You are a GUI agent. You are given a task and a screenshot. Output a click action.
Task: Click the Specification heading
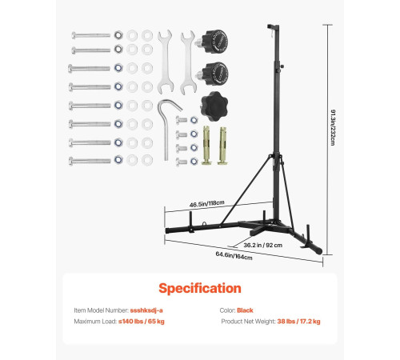point(200,288)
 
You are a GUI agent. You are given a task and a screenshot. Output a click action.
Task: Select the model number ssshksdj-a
point(146,310)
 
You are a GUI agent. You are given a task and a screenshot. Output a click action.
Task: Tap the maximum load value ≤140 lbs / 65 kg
point(142,322)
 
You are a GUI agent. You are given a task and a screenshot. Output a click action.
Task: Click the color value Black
point(245,310)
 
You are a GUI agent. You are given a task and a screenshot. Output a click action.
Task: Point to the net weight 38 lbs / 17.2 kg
point(298,322)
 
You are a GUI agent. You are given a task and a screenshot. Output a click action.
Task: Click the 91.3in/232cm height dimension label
point(333,127)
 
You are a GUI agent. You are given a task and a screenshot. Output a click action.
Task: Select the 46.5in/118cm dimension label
point(207,204)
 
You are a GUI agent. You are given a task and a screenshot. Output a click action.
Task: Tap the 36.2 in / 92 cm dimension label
point(263,245)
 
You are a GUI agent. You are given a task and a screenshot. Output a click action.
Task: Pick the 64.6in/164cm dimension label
point(234,256)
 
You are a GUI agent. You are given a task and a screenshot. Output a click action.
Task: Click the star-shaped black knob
point(214,106)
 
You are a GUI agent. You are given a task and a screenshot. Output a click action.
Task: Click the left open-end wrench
point(166,62)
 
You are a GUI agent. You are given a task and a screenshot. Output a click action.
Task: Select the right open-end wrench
point(188,63)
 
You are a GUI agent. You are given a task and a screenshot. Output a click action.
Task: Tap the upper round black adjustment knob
point(212,42)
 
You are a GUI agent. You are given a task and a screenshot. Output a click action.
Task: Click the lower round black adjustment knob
point(212,74)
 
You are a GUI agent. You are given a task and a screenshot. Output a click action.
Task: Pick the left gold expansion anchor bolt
point(207,145)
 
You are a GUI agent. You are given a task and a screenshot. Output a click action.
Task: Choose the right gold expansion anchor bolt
point(223,146)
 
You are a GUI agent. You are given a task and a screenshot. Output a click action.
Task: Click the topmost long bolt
point(91,35)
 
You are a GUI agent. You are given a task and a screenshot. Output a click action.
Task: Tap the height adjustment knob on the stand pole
point(282,66)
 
